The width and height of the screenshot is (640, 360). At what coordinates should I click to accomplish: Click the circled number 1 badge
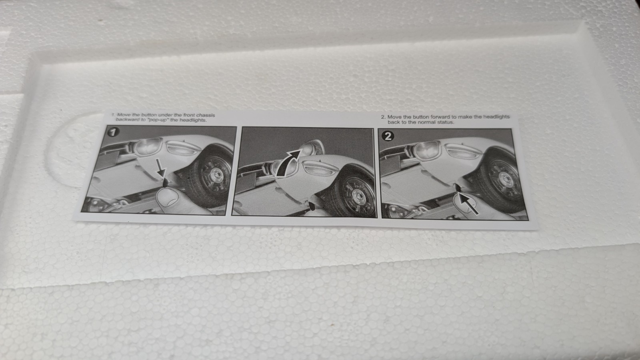point(113,132)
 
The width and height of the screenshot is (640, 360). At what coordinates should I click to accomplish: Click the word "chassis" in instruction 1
point(206,115)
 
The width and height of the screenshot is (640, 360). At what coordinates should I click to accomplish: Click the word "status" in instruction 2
point(445,122)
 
